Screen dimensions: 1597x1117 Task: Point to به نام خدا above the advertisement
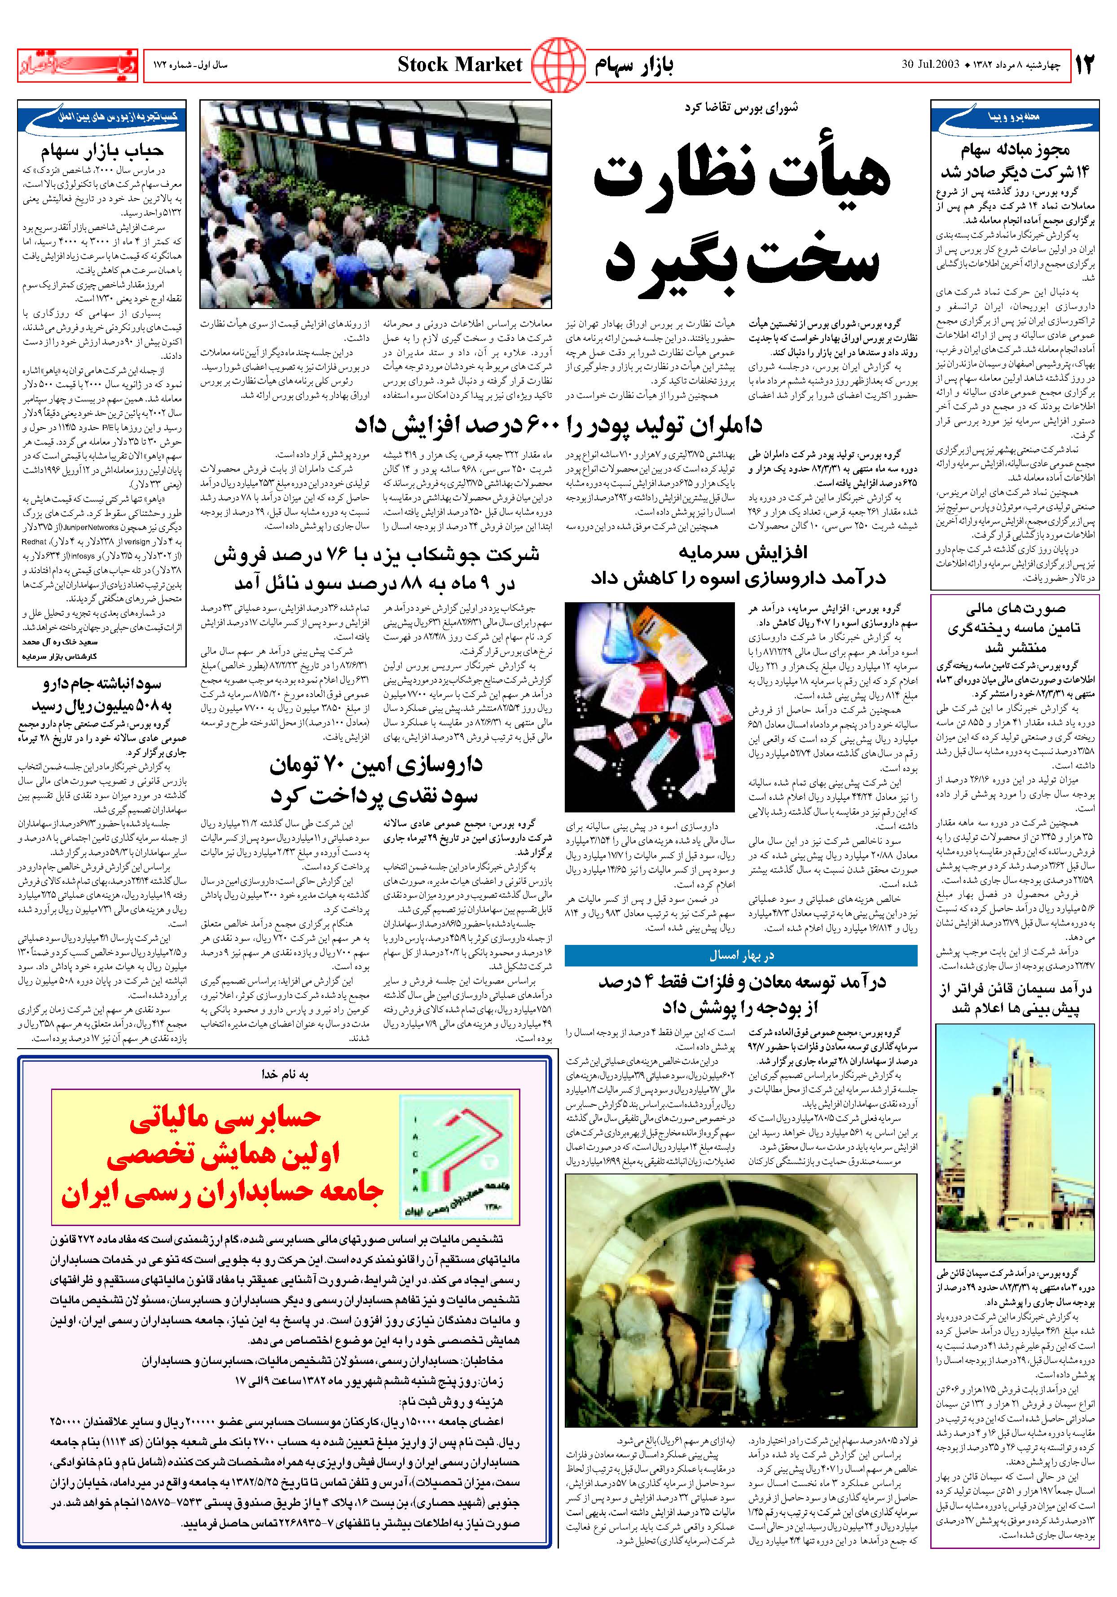point(285,1075)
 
